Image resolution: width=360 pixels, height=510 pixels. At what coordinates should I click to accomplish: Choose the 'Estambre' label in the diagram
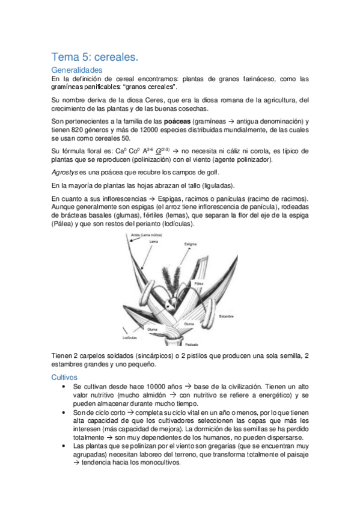(226, 315)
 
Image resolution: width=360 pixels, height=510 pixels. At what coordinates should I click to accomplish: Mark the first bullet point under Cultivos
(64, 386)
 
